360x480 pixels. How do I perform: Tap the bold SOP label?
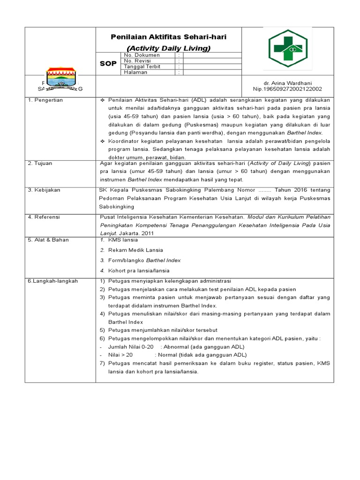click(x=108, y=64)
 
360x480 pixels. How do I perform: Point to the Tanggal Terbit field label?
click(x=142, y=67)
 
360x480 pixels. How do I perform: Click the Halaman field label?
click(x=135, y=72)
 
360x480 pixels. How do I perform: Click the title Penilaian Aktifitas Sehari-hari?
click(x=168, y=37)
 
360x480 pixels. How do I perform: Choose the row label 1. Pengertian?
click(x=45, y=100)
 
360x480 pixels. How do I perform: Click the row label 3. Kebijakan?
click(x=44, y=190)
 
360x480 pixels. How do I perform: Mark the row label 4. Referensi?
click(x=45, y=217)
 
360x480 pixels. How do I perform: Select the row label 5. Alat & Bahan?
click(x=48, y=240)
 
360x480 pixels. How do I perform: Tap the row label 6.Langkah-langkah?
click(x=52, y=281)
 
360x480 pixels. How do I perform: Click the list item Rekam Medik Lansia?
click(x=135, y=250)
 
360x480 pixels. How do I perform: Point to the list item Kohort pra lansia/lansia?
click(x=139, y=270)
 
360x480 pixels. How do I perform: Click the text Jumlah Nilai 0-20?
click(x=131, y=347)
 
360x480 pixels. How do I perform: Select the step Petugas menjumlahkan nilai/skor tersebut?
click(x=161, y=330)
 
